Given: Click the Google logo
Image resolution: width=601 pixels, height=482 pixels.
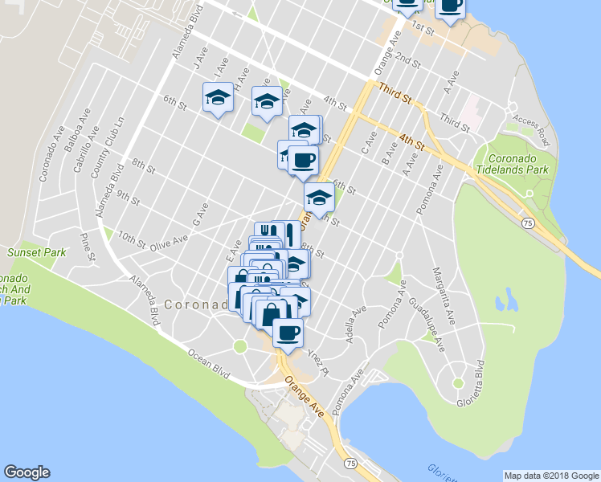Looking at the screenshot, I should (x=27, y=472).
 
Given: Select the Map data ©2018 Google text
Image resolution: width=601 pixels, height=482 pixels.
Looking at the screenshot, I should (x=550, y=476).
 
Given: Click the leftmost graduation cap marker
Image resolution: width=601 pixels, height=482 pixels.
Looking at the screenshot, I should (x=217, y=99).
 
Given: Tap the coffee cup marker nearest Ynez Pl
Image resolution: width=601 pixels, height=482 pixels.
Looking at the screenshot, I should (x=288, y=333).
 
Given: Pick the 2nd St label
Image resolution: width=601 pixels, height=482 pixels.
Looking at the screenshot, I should (x=408, y=62).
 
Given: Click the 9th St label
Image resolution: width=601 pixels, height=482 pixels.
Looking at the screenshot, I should (x=128, y=194).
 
